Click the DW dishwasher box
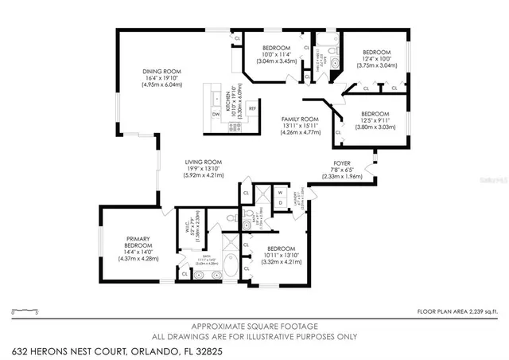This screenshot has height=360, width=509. tap(216, 114)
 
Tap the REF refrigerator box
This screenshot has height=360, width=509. tap(252, 108)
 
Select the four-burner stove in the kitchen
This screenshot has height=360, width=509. tap(235, 125)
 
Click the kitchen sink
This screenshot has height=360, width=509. tap(216, 98)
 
